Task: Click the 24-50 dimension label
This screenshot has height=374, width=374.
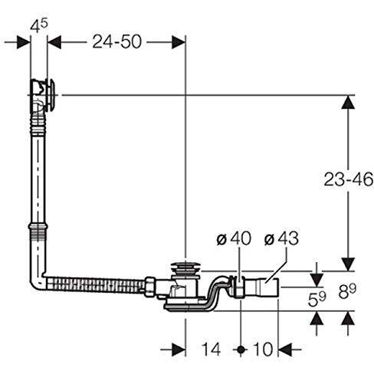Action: pyautogui.click(x=116, y=41)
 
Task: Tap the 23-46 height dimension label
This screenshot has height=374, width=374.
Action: pyautogui.click(x=349, y=179)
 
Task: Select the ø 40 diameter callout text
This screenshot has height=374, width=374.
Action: pyautogui.click(x=234, y=238)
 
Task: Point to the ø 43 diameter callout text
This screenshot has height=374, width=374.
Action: pyautogui.click(x=281, y=238)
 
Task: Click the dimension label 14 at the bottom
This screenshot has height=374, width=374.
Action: pyautogui.click(x=211, y=349)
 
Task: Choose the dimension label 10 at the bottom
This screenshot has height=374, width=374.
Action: pyautogui.click(x=263, y=349)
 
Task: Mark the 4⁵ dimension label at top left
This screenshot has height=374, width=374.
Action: pyautogui.click(x=39, y=26)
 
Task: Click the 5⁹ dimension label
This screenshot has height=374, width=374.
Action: pyautogui.click(x=317, y=299)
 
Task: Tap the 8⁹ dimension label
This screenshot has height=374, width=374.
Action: pyautogui.click(x=348, y=291)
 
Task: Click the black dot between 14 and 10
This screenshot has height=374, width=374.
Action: pyautogui.click(x=241, y=349)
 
